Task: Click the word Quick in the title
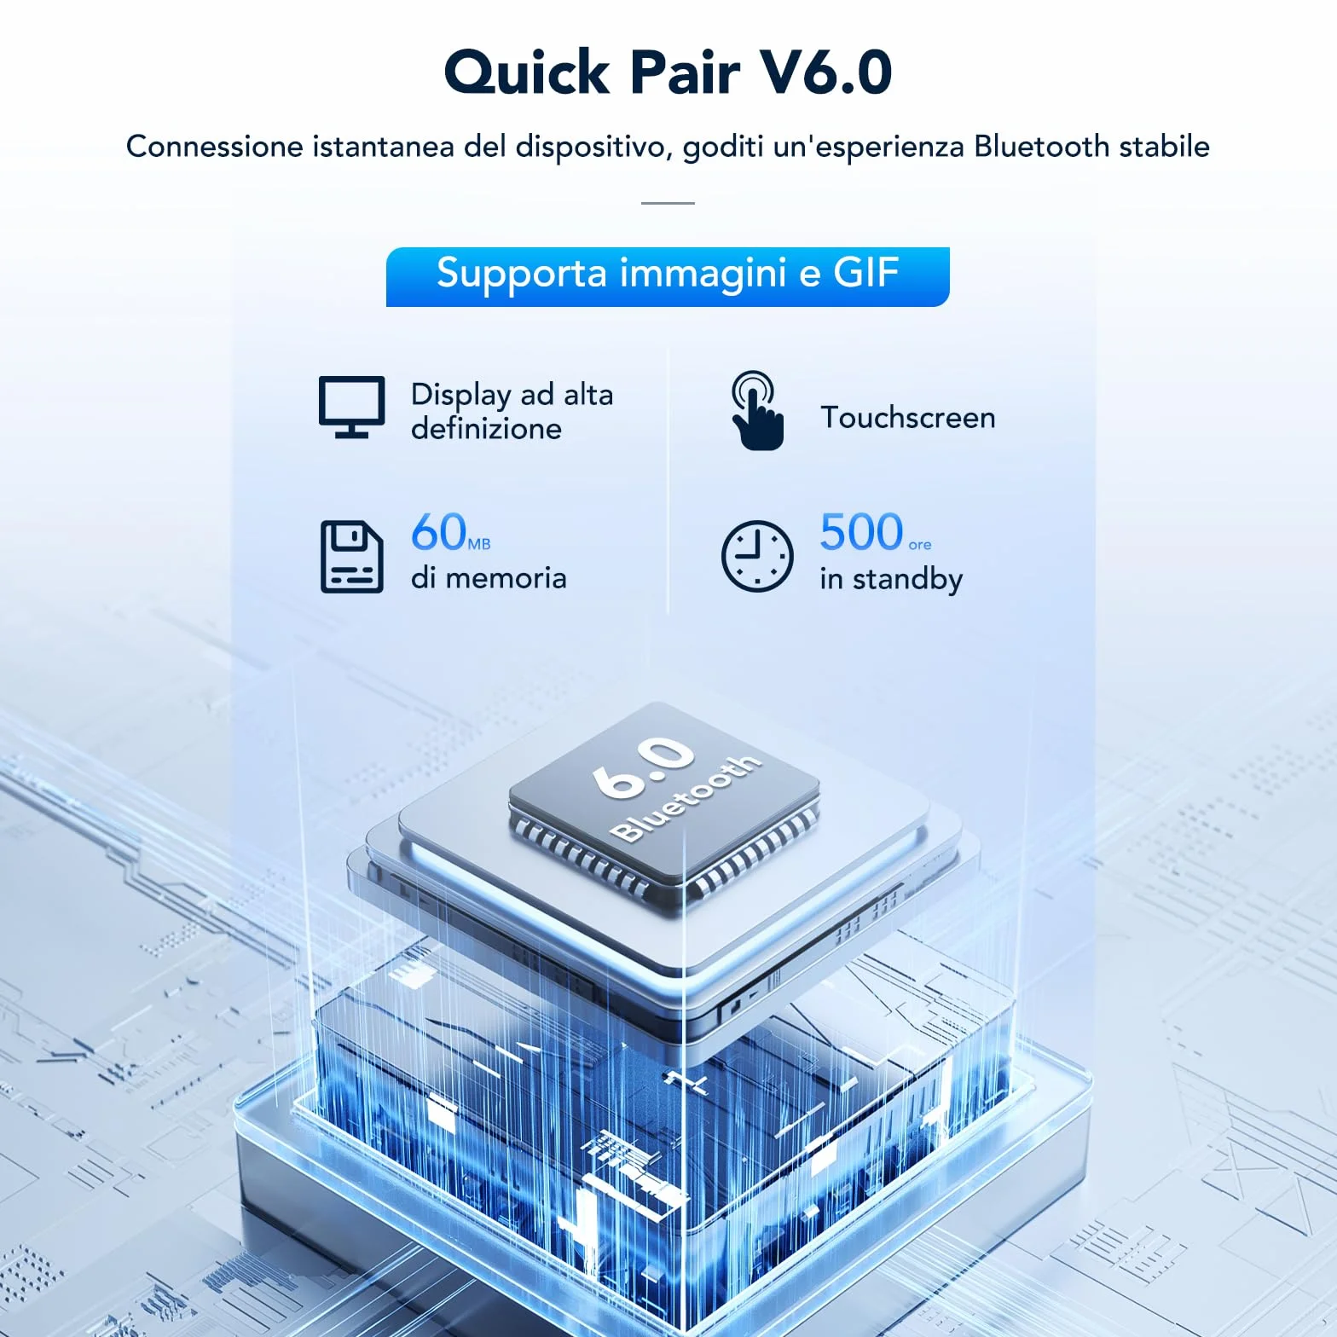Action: (x=527, y=72)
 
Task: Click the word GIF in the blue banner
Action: (x=865, y=273)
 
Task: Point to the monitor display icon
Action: (x=351, y=407)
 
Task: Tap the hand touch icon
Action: (x=757, y=410)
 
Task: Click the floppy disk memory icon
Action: (x=351, y=556)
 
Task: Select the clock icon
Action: (x=757, y=556)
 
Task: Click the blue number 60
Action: (x=439, y=532)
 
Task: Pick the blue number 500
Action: (x=861, y=532)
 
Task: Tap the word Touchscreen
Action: (x=907, y=417)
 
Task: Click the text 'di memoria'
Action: (x=489, y=577)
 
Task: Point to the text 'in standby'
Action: (x=891, y=580)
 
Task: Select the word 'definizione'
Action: (x=486, y=428)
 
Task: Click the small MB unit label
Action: (x=479, y=544)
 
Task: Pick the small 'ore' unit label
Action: (x=920, y=545)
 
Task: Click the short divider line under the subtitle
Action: (x=668, y=203)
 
